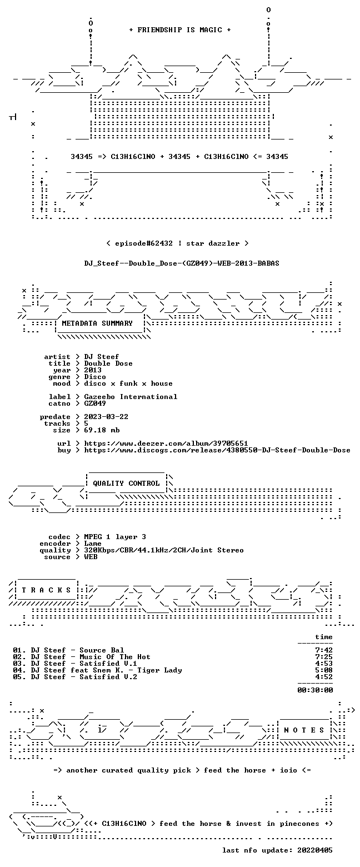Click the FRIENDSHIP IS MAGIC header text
pyautogui.click(x=180, y=30)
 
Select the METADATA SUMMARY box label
pyautogui.click(x=97, y=323)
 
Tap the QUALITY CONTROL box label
pyautogui.click(x=126, y=484)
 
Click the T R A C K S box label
pyautogui.click(x=46, y=590)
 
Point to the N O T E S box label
pyautogui.click(x=304, y=730)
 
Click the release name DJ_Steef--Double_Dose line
pyautogui.click(x=182, y=263)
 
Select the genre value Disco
pyautogui.click(x=95, y=377)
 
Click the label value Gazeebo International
pyautogui.click(x=131, y=397)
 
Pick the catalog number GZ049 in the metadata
pyautogui.click(x=95, y=403)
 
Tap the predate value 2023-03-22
pyautogui.click(x=106, y=416)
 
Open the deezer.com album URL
pyautogui.click(x=166, y=443)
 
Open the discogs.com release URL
pyautogui.click(x=217, y=450)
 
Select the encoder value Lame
pyautogui.click(x=93, y=544)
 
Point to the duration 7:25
pyautogui.click(x=324, y=657)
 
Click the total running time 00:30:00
pyautogui.click(x=315, y=690)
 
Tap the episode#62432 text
pyautogui.click(x=144, y=243)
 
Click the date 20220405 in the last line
pyautogui.click(x=315, y=850)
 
